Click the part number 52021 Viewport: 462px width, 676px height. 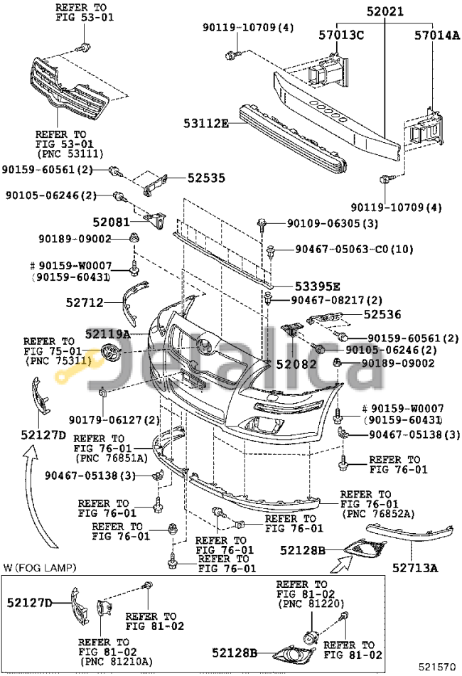coord(386,11)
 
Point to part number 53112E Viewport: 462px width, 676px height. coord(203,124)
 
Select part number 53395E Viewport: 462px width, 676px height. coord(315,286)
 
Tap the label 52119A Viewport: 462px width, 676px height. coord(108,333)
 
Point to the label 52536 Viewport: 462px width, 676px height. coord(382,313)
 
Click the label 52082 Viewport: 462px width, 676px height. coord(294,365)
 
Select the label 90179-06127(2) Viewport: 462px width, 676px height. coord(114,421)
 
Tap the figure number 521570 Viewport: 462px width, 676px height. coord(438,667)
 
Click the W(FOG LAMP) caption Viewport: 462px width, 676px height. coord(40,567)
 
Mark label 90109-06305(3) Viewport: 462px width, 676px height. coord(333,223)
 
